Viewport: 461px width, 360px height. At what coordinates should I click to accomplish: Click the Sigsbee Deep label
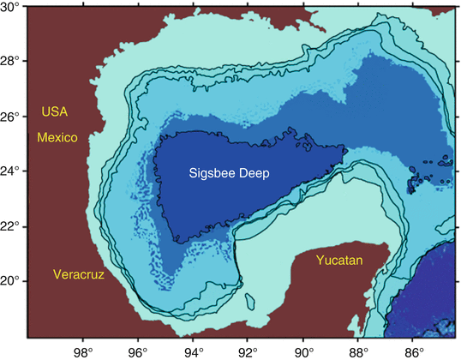click(x=229, y=174)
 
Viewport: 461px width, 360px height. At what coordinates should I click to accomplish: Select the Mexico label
click(x=57, y=137)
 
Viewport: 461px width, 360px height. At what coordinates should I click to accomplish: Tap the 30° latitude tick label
click(x=11, y=7)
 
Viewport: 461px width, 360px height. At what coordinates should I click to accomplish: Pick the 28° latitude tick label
click(x=11, y=62)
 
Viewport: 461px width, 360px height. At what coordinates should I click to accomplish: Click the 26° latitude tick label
click(x=11, y=117)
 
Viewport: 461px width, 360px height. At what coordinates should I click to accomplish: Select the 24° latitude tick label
click(x=11, y=171)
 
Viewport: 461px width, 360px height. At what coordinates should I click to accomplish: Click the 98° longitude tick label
click(x=83, y=351)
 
